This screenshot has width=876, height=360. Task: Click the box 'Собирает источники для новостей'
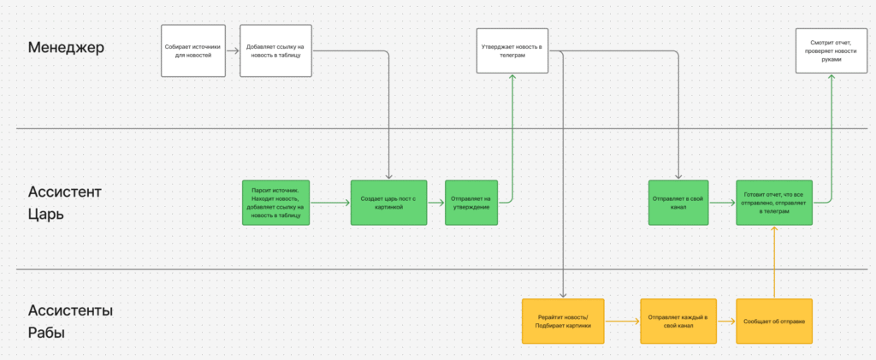click(x=193, y=50)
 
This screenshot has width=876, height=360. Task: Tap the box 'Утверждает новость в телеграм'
click(x=512, y=50)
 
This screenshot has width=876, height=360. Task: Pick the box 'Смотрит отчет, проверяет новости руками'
click(x=832, y=50)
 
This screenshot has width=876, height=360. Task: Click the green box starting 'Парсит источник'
click(x=276, y=203)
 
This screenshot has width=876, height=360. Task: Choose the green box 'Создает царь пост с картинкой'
click(x=389, y=203)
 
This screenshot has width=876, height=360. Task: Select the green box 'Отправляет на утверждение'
click(x=471, y=203)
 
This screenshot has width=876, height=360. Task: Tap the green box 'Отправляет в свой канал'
click(x=678, y=203)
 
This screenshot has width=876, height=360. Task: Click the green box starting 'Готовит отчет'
click(x=774, y=203)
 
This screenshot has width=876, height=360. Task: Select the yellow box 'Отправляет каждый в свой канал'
click(x=678, y=322)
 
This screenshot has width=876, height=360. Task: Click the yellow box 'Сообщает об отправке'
click(x=774, y=322)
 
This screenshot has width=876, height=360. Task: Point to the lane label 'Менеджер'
click(x=66, y=48)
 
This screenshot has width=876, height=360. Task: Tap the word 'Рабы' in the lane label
click(x=46, y=333)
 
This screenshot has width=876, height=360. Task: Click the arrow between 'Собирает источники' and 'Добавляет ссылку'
click(x=233, y=50)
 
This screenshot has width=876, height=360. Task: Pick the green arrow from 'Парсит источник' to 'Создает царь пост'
click(x=331, y=203)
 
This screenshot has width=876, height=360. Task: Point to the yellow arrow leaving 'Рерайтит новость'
click(x=624, y=322)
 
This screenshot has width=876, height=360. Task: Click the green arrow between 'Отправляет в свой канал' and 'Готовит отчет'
click(x=722, y=203)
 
